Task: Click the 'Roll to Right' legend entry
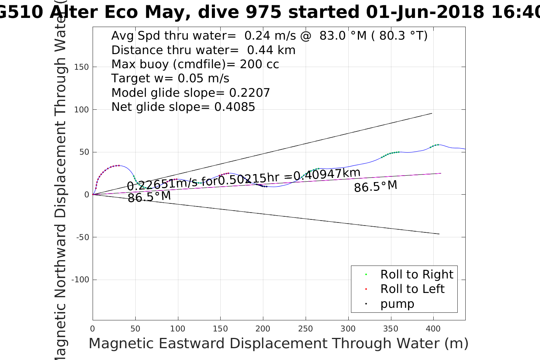point(417,274)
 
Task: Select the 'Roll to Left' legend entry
point(412,289)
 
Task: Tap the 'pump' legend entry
point(397,304)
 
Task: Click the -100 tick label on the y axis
point(80,280)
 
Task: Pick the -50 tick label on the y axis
point(82,237)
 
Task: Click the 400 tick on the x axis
point(433,329)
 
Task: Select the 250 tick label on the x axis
point(305,329)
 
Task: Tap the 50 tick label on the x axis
point(135,329)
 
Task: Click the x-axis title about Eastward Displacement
point(278,344)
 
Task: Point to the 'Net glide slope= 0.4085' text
point(183,107)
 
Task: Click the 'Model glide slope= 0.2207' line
point(191,93)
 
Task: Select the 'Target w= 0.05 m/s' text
point(170,78)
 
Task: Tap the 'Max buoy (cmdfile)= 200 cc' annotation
point(195,64)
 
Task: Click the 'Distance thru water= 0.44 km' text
point(203,50)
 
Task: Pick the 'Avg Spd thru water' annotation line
point(269,36)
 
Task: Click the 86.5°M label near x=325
point(375,186)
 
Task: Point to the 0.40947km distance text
point(327,174)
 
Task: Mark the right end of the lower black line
point(439,234)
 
